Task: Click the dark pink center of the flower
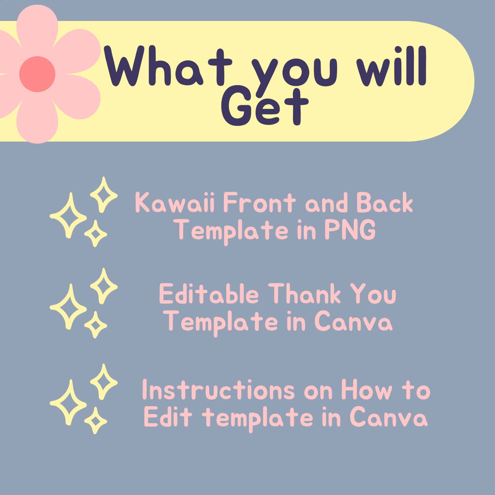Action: pyautogui.click(x=37, y=74)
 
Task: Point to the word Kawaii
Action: pyautogui.click(x=175, y=202)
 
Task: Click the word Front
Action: pyautogui.click(x=259, y=202)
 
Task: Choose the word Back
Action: pyautogui.click(x=385, y=202)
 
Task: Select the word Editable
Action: pyautogui.click(x=209, y=293)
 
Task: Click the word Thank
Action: pyautogui.click(x=304, y=293)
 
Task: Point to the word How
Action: pyautogui.click(x=367, y=390)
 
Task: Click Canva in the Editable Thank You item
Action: pyautogui.click(x=353, y=321)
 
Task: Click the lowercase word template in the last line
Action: pyautogui.click(x=257, y=418)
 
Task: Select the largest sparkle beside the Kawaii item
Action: pyautogui.click(x=68, y=215)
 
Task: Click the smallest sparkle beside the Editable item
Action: pyautogui.click(x=96, y=325)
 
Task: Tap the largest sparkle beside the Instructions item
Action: pyautogui.click(x=68, y=402)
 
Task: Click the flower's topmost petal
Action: pyautogui.click(x=37, y=28)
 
